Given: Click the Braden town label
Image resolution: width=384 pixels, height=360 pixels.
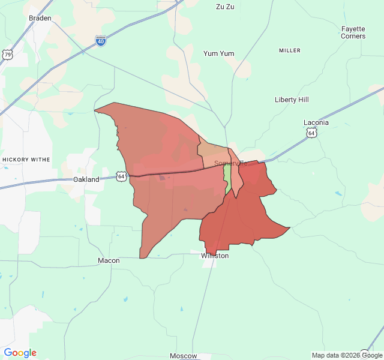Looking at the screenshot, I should [x=40, y=18].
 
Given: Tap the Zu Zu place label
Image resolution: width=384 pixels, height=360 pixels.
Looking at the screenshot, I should [x=225, y=7].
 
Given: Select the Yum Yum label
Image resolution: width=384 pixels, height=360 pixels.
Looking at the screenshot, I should [x=218, y=53].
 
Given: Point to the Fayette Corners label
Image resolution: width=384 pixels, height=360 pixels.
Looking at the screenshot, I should [x=353, y=32].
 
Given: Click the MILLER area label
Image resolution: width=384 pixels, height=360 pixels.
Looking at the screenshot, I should [x=290, y=50].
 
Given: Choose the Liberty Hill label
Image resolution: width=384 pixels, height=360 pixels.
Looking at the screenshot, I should [x=292, y=100].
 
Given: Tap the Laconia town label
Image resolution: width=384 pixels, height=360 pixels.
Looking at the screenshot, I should [x=316, y=122].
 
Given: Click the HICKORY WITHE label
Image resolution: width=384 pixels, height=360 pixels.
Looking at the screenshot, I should [x=26, y=160].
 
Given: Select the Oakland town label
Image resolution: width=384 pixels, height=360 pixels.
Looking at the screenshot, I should [x=86, y=179].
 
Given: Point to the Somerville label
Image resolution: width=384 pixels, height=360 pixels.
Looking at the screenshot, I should [x=231, y=163].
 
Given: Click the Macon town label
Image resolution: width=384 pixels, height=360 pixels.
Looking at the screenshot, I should [x=109, y=260].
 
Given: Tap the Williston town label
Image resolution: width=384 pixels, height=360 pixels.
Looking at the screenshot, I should [x=215, y=256].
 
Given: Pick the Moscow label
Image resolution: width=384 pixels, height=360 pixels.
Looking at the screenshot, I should [x=183, y=356].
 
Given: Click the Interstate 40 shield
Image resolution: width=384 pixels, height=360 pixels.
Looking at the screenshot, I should [x=101, y=40].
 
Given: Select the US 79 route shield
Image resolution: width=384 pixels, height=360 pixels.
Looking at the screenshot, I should [x=7, y=55].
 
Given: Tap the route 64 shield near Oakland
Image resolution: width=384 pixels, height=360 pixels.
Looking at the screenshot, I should [x=122, y=176].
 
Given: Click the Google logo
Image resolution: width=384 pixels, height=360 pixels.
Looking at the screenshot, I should [x=20, y=353].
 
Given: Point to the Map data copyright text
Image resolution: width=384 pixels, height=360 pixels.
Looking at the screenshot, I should [x=347, y=355].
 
